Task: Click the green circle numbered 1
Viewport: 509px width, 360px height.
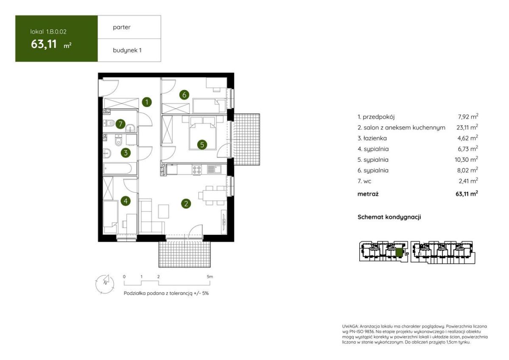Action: point(147,102)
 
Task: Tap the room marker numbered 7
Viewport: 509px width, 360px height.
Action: point(120,124)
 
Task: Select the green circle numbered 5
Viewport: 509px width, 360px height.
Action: point(202,145)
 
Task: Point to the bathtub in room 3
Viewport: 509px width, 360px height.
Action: point(117,169)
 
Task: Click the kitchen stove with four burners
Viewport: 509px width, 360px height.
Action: point(197,170)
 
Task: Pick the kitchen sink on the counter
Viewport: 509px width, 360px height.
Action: point(214,169)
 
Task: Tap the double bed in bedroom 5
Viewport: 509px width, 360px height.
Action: point(202,133)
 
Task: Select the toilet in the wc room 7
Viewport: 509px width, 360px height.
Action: point(109,123)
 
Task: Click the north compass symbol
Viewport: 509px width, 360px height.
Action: point(105,284)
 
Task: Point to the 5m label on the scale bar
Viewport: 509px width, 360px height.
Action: point(210,277)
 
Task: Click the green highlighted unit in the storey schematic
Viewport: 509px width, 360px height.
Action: point(399,253)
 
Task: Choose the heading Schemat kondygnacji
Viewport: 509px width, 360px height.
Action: point(389,217)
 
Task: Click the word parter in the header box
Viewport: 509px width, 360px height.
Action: point(122,27)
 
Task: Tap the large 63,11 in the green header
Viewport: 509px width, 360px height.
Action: point(44,44)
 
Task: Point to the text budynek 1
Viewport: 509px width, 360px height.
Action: point(127,50)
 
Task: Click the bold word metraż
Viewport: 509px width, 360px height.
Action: point(368,194)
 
